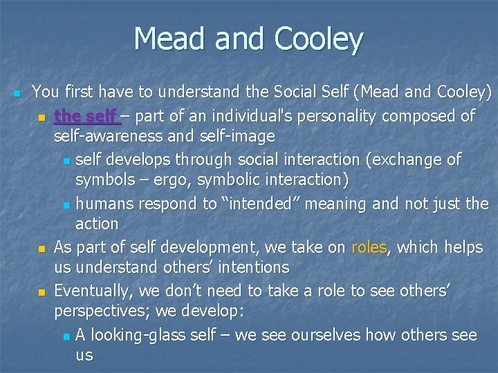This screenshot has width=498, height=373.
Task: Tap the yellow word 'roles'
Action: (x=369, y=247)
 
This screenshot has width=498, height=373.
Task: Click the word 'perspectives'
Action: (x=100, y=310)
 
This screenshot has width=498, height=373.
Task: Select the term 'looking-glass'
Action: (x=144, y=336)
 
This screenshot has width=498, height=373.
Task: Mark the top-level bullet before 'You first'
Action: (x=17, y=92)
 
